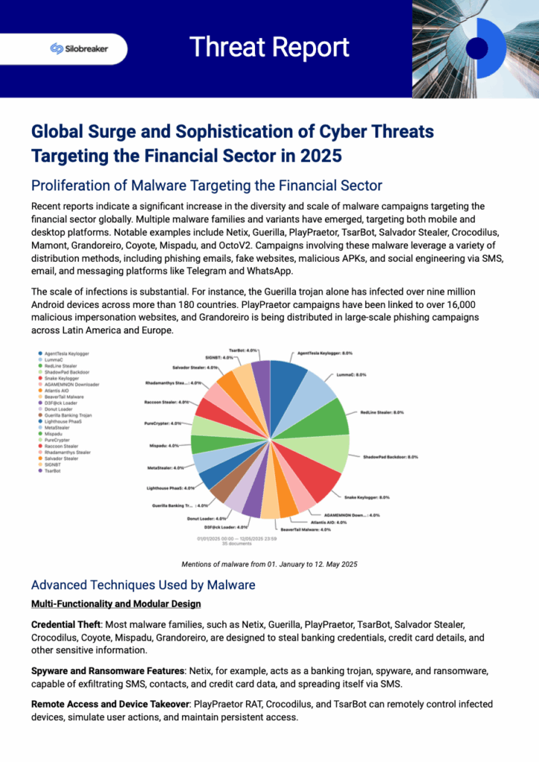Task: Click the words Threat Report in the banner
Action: click(x=269, y=48)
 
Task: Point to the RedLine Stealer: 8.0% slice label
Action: click(x=382, y=412)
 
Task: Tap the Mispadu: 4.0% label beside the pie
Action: click(x=163, y=446)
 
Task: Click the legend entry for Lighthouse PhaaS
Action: click(x=64, y=422)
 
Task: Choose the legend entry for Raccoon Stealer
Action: click(x=64, y=446)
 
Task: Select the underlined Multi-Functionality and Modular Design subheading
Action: click(x=116, y=603)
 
